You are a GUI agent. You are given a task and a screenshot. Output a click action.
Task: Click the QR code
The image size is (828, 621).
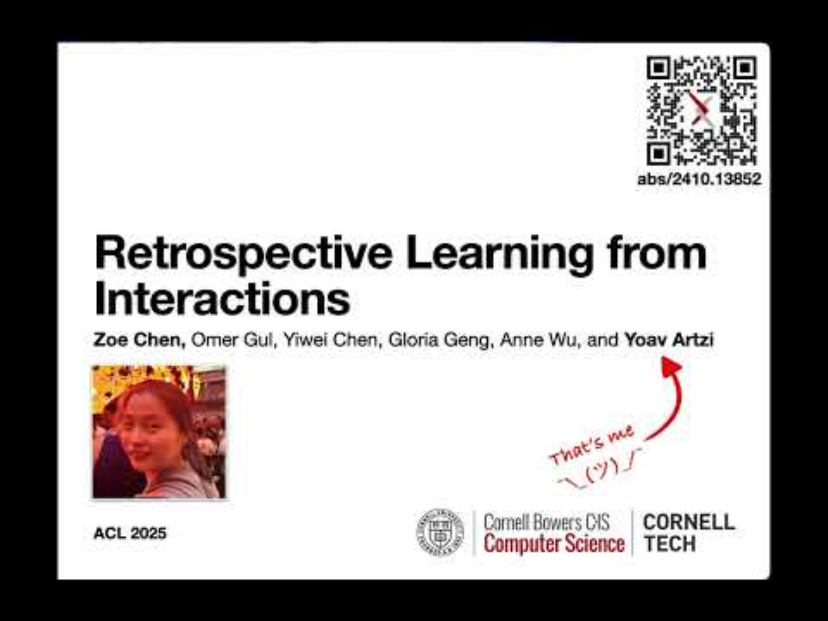point(702,111)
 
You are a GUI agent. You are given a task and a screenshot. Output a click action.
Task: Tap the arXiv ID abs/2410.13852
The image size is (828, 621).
point(699,179)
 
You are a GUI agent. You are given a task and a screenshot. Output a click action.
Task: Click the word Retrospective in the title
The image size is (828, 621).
point(243,254)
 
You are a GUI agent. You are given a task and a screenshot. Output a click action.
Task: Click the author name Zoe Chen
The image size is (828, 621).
point(140,340)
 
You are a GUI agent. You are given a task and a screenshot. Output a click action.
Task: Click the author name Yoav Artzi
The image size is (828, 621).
point(669,340)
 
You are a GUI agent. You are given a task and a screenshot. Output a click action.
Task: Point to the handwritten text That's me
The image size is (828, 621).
point(592,445)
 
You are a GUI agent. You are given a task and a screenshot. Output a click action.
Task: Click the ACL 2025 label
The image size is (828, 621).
point(130,533)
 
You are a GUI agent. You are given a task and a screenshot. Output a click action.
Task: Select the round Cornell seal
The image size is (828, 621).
point(440,532)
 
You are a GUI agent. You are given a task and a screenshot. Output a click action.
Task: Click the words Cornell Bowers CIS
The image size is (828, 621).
point(546,522)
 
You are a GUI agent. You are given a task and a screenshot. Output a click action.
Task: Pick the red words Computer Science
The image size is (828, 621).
point(554,544)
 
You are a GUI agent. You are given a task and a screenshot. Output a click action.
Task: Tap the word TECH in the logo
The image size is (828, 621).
point(669,544)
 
